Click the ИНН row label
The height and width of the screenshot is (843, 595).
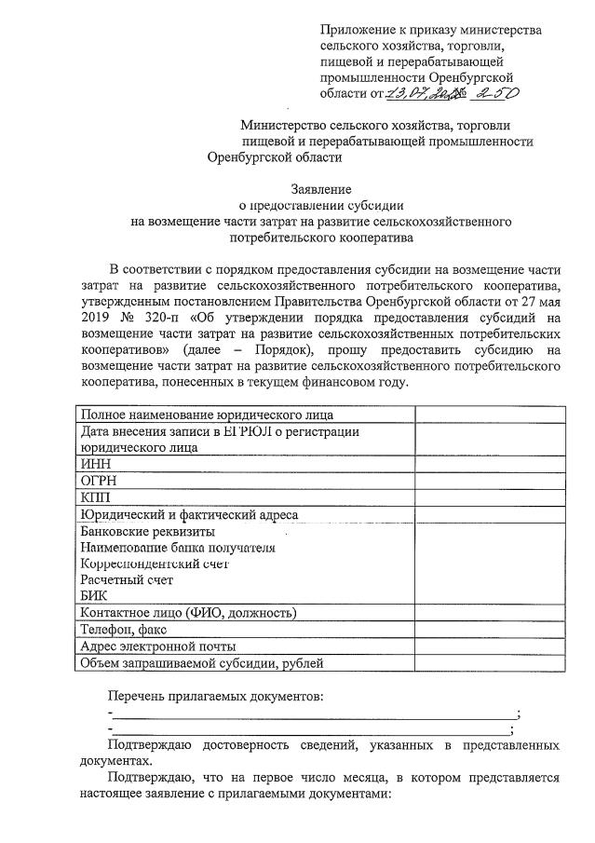96,463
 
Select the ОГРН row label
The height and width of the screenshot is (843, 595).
99,481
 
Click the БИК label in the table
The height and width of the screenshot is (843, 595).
94,595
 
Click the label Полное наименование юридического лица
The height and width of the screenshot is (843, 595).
207,415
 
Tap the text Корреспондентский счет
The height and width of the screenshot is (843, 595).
155,564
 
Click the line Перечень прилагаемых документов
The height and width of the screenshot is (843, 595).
214,697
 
